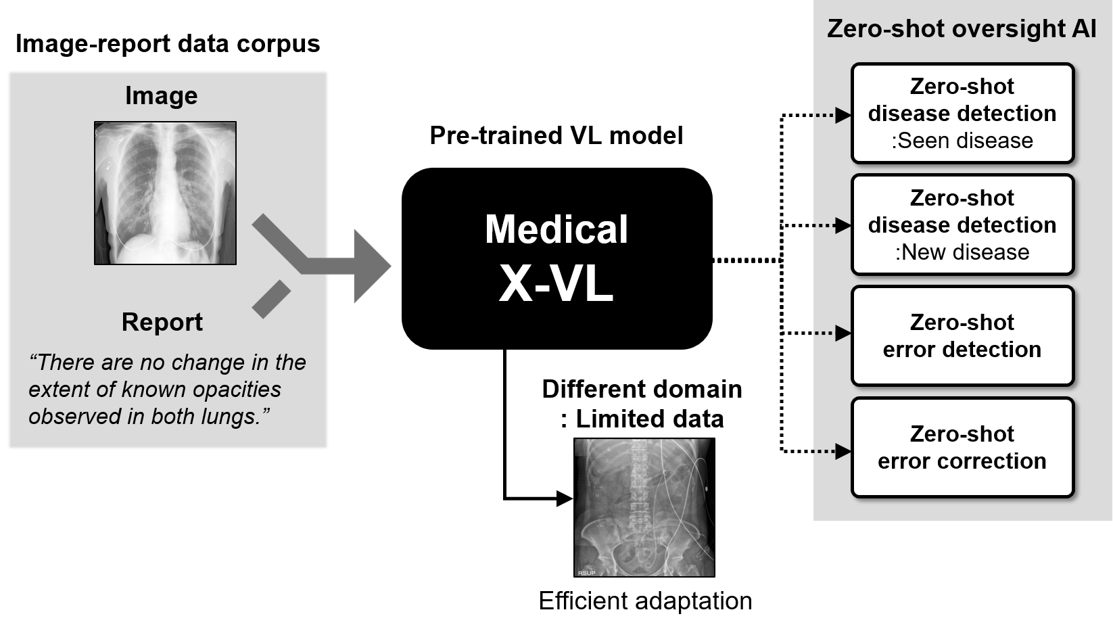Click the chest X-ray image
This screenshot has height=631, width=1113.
pos(165,193)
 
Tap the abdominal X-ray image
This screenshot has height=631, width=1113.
pos(644,507)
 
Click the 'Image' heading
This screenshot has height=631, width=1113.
pos(161,96)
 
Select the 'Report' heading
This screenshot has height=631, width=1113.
pos(162,322)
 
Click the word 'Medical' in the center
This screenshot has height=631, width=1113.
pos(556,229)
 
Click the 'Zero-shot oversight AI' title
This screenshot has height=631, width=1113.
pos(961,28)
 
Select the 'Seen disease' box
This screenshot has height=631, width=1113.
pos(962,114)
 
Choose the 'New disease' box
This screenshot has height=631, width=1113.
pos(962,225)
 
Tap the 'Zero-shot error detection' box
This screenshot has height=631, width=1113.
pos(962,336)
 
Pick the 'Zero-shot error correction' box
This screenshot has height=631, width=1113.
pos(962,448)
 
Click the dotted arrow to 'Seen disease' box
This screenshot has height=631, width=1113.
pos(832,115)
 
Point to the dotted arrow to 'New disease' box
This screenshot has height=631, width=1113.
pos(832,225)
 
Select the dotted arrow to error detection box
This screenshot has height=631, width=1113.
pos(832,333)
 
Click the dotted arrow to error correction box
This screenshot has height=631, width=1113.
pos(832,450)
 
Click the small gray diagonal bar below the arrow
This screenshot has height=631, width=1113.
pos(271,299)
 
